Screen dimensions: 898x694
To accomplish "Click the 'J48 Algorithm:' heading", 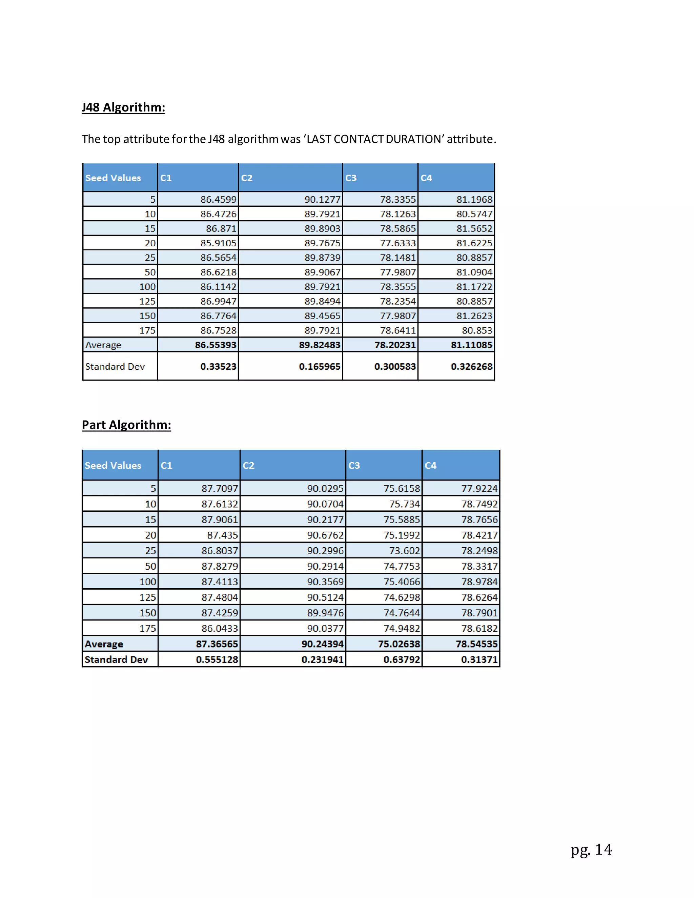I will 123,107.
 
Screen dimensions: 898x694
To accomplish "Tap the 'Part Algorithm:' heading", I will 126,425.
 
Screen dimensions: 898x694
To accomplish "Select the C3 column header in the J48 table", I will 351,178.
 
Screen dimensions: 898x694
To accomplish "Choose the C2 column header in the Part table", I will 248,466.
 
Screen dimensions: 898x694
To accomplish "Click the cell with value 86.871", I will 221,229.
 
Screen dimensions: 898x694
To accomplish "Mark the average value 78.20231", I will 395,345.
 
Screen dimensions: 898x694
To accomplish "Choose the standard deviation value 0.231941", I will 322,659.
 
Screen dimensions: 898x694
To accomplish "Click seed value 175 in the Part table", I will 148,628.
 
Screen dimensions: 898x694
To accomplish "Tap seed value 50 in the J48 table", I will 150,272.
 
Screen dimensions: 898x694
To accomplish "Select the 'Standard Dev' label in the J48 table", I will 115,366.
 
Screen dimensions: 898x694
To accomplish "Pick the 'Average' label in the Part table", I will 104,644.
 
